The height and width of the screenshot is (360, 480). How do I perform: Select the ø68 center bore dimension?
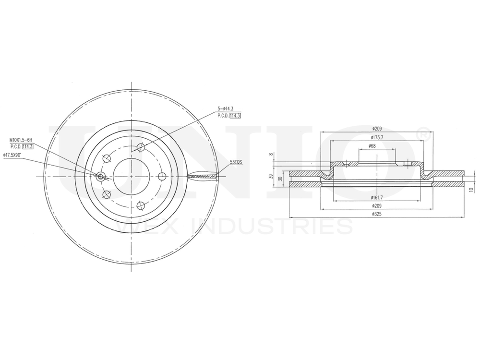(372, 145)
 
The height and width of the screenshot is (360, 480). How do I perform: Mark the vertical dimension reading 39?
(271, 177)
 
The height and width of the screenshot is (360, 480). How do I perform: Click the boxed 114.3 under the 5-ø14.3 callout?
(235, 116)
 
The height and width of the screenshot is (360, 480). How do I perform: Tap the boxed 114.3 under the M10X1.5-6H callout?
(27, 146)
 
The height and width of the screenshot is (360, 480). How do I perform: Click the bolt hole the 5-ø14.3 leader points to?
(140, 147)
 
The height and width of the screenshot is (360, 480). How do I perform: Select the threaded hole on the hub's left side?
(100, 177)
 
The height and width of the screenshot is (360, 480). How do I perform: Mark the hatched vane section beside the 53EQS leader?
(202, 176)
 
